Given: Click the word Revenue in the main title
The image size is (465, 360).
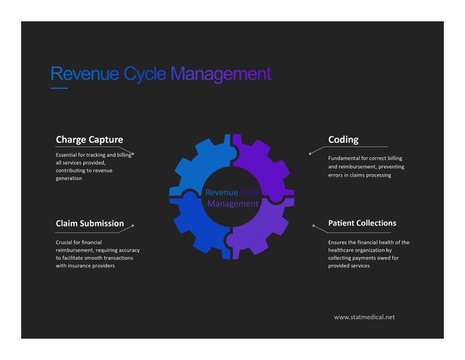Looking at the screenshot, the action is (85, 73).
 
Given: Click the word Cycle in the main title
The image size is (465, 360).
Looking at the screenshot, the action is (145, 74).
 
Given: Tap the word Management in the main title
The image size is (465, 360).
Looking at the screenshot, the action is (221, 74).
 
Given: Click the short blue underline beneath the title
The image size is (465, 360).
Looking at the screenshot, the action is (59, 88).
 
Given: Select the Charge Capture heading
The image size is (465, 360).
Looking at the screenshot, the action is (89, 140).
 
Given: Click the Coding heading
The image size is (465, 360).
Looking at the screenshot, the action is (343, 140).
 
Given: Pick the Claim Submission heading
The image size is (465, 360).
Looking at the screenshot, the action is (90, 223).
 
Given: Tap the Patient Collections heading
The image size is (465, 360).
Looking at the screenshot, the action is (362, 223).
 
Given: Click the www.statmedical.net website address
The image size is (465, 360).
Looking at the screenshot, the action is (364, 317).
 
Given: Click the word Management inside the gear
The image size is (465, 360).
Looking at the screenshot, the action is (232, 204).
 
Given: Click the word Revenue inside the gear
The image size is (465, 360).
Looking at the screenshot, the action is (222, 192).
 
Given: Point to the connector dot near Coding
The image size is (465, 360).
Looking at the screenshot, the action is (310, 153).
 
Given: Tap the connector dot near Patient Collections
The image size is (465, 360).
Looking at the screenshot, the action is (313, 225).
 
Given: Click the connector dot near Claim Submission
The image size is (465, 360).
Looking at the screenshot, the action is (132, 225).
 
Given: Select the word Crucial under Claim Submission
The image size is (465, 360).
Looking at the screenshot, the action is (63, 242).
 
